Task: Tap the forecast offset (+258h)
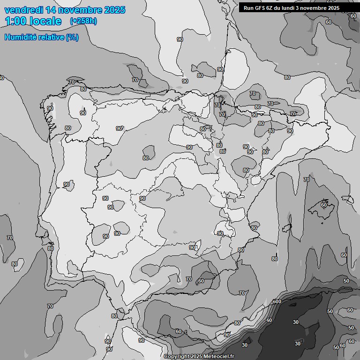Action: click(83, 21)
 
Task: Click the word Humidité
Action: click(21, 37)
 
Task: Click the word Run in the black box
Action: click(248, 7)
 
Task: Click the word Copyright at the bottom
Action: click(177, 357)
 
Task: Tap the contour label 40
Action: click(269, 321)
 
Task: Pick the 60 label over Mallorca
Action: click(323, 204)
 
